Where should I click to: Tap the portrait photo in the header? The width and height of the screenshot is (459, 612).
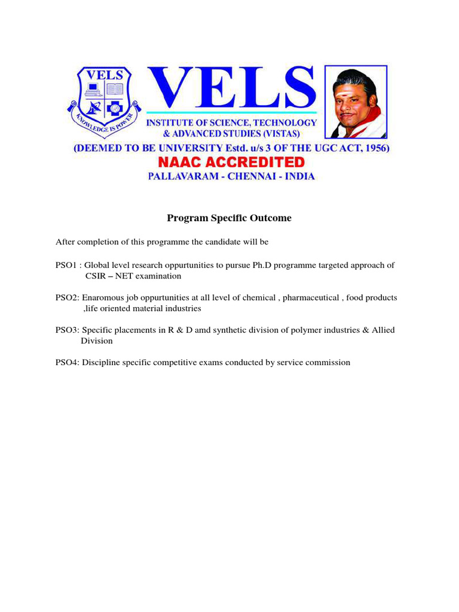coord(355,102)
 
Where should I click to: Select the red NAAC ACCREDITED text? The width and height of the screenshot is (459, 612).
coord(231,162)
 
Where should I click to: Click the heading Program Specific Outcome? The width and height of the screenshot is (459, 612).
coord(229,218)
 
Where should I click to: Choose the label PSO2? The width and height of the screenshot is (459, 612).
coord(68,298)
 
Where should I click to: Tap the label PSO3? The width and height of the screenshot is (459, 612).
coord(68,330)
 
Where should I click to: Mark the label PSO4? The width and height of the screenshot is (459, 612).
coord(68,362)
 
